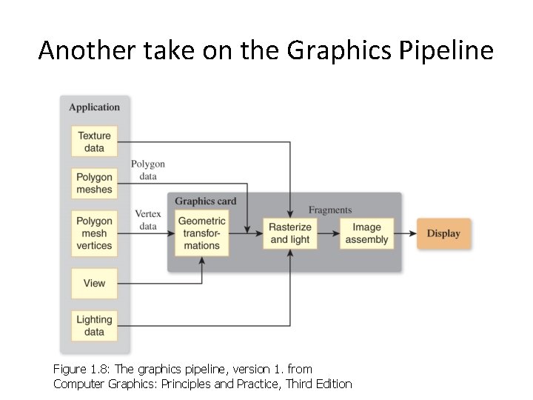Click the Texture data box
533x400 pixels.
point(94,141)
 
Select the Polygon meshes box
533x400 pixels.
point(94,183)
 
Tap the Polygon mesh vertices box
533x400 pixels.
point(94,233)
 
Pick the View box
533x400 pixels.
point(94,283)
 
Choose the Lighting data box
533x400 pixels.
point(94,326)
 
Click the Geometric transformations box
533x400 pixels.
point(202,233)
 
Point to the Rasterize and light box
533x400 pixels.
point(290,233)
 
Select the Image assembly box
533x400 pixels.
point(366,233)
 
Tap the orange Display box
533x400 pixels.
point(443,233)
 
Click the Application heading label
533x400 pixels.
point(94,107)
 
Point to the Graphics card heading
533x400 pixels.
point(206,201)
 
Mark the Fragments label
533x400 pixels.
point(330,210)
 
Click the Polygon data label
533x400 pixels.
point(148,170)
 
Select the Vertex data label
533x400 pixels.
point(148,220)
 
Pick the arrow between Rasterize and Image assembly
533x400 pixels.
point(329,233)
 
